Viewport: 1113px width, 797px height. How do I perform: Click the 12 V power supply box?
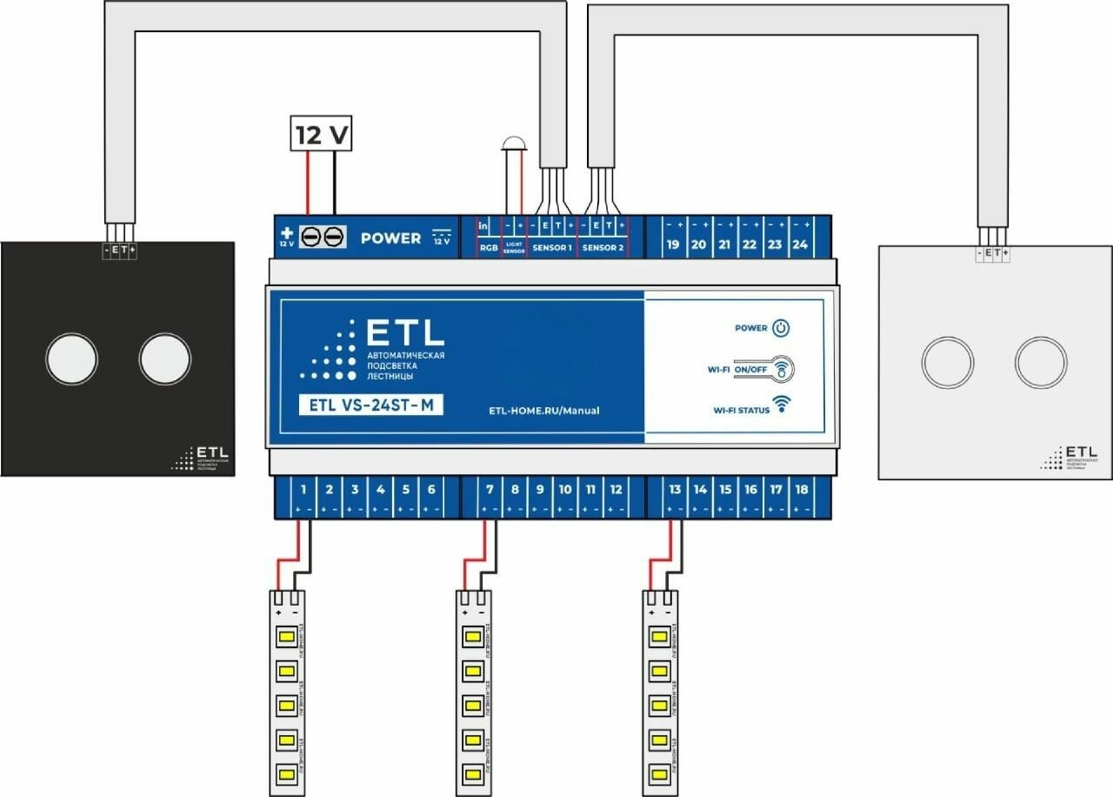322,136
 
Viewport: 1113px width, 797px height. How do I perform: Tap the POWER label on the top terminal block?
390,238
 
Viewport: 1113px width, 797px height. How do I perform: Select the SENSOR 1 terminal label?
553,248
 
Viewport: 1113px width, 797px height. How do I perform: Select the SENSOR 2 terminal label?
603,248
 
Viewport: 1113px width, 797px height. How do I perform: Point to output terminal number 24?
800,244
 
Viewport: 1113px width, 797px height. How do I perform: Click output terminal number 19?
672,244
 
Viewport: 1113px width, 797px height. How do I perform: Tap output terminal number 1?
303,490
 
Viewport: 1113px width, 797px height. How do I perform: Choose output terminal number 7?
490,490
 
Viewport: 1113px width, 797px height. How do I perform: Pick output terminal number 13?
675,490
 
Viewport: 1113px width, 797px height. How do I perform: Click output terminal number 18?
802,490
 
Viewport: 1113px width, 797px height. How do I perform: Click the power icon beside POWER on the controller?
782,328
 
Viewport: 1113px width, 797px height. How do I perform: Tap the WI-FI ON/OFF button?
782,369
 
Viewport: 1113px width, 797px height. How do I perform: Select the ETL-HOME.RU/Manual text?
544,410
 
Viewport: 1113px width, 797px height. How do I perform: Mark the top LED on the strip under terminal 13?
659,637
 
